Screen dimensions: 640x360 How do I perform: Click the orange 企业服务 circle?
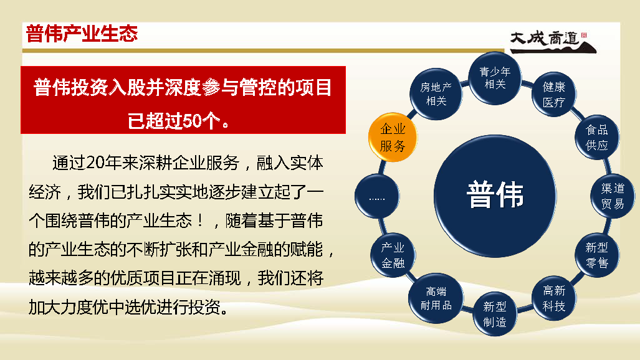click(x=393, y=137)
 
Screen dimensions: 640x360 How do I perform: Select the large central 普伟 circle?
click(x=495, y=196)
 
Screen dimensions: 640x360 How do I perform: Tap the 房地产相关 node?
click(x=436, y=94)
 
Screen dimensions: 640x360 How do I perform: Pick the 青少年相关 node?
click(x=495, y=78)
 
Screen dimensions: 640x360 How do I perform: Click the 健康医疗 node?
click(x=554, y=94)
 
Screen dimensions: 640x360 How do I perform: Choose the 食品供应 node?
click(x=597, y=137)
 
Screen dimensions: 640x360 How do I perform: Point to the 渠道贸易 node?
click(x=612, y=196)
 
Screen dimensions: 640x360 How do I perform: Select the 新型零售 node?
click(x=597, y=255)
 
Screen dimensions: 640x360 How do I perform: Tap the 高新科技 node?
click(x=554, y=298)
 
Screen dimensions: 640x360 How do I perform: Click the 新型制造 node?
click(x=495, y=314)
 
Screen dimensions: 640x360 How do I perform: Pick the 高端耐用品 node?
click(x=436, y=298)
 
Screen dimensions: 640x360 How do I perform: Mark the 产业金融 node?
click(x=393, y=255)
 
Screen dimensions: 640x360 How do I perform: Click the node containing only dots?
click(x=377, y=196)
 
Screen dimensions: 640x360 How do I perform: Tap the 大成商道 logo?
click(x=553, y=42)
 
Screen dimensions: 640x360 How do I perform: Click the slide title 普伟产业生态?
click(x=82, y=34)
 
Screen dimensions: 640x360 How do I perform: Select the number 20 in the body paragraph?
click(x=95, y=163)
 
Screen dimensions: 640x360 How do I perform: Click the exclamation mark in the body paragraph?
click(x=200, y=221)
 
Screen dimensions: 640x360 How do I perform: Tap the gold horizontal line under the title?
click(x=263, y=50)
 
